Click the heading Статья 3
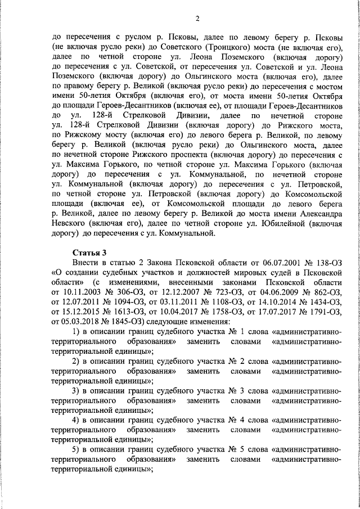tap(88, 251)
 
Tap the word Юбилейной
tap(269, 223)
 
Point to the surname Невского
tap(73, 223)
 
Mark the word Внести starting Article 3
tap(85, 262)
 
